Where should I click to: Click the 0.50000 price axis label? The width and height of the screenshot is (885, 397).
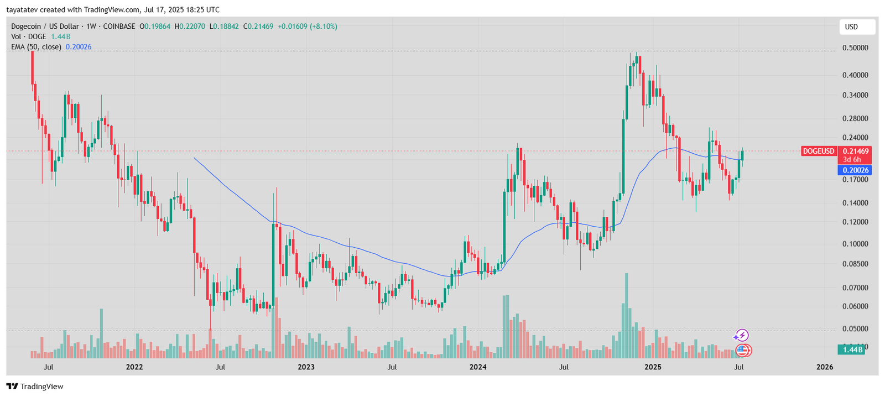tap(855, 48)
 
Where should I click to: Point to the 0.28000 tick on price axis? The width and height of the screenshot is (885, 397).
tap(855, 118)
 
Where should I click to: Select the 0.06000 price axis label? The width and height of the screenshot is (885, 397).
tap(855, 306)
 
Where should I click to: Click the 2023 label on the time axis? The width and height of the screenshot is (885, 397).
tap(306, 367)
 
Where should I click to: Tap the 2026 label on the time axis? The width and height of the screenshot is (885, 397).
tap(824, 367)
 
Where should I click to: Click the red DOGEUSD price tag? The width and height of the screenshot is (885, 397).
tap(819, 151)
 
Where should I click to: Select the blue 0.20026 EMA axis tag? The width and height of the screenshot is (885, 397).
tap(855, 170)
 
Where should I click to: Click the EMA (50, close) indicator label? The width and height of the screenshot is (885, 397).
tap(36, 47)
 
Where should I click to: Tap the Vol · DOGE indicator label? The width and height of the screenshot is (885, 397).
tap(29, 36)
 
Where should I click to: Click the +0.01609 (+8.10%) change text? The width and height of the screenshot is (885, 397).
tap(307, 26)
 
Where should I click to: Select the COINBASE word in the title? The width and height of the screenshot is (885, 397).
tap(119, 26)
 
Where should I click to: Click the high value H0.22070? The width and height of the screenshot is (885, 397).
tap(190, 26)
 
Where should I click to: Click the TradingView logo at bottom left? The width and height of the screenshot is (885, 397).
tap(35, 386)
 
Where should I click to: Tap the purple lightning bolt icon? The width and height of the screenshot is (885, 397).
tap(741, 335)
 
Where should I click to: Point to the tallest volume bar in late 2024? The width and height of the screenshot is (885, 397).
tap(626, 315)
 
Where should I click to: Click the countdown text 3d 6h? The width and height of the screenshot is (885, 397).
tap(852, 159)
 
